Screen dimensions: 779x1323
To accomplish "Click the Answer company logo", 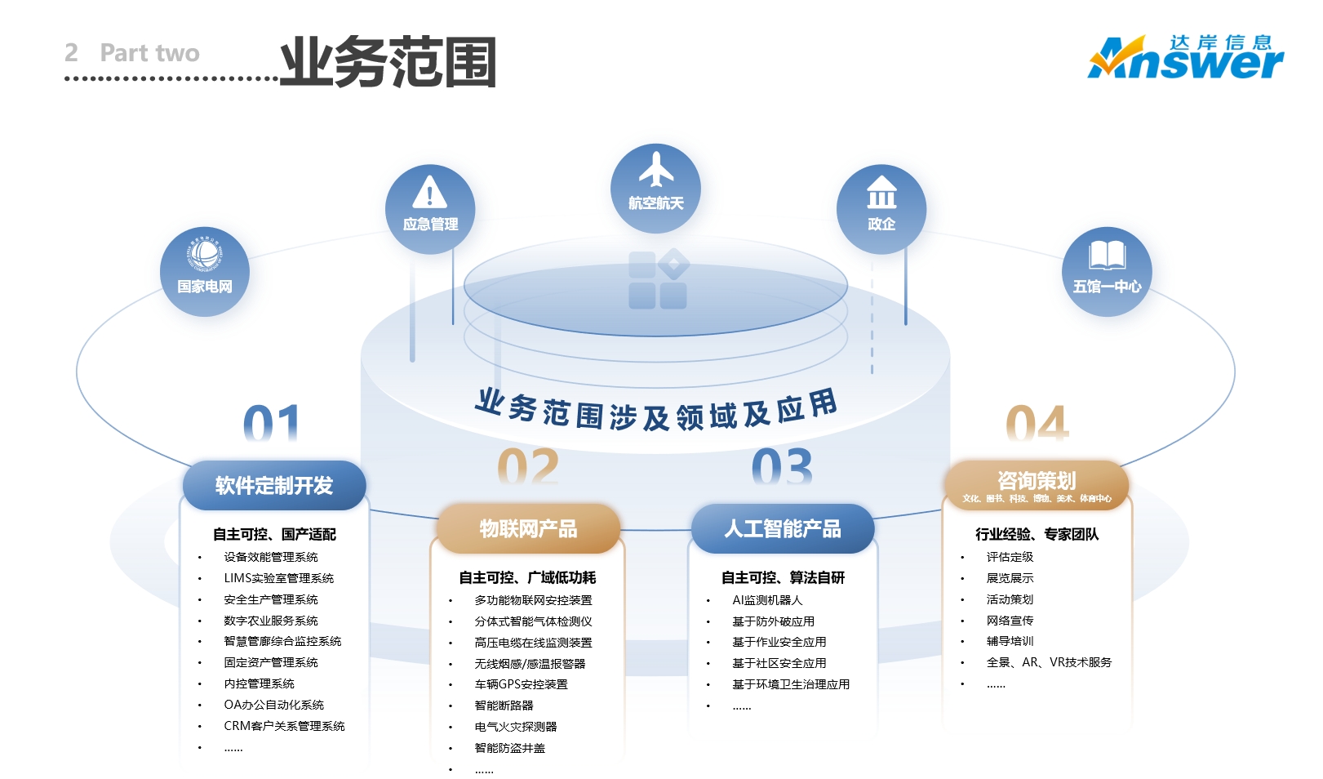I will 1185,57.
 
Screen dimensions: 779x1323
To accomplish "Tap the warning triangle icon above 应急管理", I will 430,192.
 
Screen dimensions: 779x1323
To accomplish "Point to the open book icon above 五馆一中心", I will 1107,255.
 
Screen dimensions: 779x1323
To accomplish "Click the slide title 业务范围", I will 388,62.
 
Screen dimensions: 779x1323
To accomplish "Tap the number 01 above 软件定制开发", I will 272,424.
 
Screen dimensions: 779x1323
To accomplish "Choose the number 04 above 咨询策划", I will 1037,424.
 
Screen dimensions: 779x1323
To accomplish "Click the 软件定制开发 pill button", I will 274,486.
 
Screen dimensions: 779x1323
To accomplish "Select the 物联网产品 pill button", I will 528,529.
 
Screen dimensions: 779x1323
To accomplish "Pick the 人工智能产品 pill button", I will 783,529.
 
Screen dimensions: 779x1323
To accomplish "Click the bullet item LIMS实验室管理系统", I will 278,578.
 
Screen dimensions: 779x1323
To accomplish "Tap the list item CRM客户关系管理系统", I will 284,726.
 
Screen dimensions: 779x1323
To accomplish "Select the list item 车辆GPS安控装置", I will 521,684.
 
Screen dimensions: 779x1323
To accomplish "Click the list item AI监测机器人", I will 767,600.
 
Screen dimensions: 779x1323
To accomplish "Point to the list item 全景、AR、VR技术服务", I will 1049,662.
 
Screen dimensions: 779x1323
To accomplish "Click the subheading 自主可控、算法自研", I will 783,578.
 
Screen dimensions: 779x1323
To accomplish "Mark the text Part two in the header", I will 149,53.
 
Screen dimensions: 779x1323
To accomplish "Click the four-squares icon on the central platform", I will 658,279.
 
